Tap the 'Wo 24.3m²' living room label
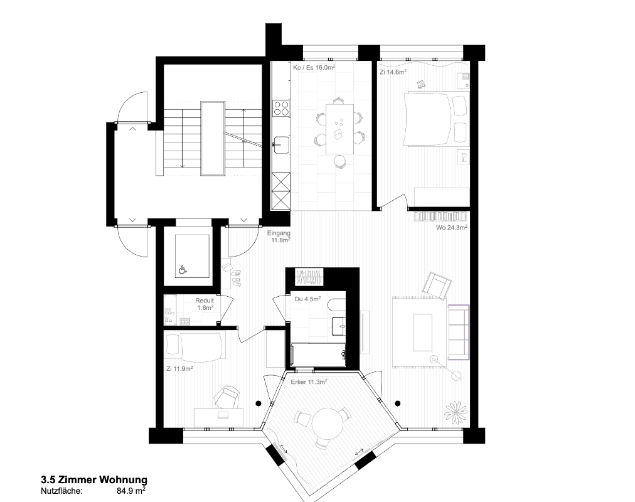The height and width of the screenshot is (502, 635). pos(452,228)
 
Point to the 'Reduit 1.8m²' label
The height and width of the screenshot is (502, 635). pos(205,304)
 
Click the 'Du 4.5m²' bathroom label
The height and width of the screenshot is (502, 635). pos(307,299)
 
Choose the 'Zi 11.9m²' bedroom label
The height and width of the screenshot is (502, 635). pos(179,369)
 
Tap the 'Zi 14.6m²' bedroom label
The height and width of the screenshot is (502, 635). pos(393,72)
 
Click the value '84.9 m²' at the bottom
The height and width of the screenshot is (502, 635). pos(131,491)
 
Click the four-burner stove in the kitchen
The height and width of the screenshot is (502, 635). pos(281,109)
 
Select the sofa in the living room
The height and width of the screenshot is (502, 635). pos(458,333)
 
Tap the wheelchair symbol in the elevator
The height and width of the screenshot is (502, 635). pos(183,269)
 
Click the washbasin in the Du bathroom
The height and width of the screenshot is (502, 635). pos(339,324)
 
